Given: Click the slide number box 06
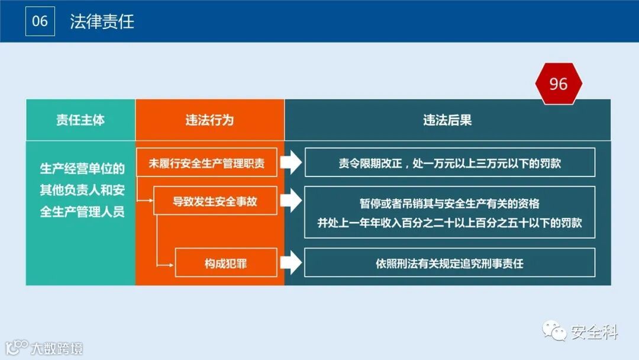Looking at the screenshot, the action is tap(40, 21).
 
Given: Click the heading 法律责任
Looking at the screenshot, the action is tap(102, 22).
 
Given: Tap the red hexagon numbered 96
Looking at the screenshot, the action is tap(558, 84).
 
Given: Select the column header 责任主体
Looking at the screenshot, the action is tap(80, 120).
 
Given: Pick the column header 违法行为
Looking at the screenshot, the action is tap(209, 120).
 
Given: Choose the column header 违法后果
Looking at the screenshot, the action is tap(447, 120).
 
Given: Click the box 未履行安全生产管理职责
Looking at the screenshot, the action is tap(207, 163).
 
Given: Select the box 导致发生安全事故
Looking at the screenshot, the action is tap(215, 201).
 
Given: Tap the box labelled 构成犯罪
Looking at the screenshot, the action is tap(226, 263).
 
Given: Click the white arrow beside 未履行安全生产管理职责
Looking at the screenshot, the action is tap(291, 163).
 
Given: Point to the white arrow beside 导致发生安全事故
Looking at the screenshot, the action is tap(291, 201).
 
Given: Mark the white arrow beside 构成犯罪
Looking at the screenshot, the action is tap(291, 263).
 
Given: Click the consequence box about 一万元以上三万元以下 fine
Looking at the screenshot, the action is tap(450, 163).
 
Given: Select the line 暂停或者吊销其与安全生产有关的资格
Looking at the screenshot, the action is tap(450, 204).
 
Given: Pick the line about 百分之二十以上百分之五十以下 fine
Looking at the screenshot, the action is tap(450, 223).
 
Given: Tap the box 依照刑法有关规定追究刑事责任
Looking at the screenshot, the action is tap(450, 263).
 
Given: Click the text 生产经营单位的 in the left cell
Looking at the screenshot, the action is tap(82, 169).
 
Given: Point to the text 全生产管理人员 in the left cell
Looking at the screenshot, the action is tap(82, 211).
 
